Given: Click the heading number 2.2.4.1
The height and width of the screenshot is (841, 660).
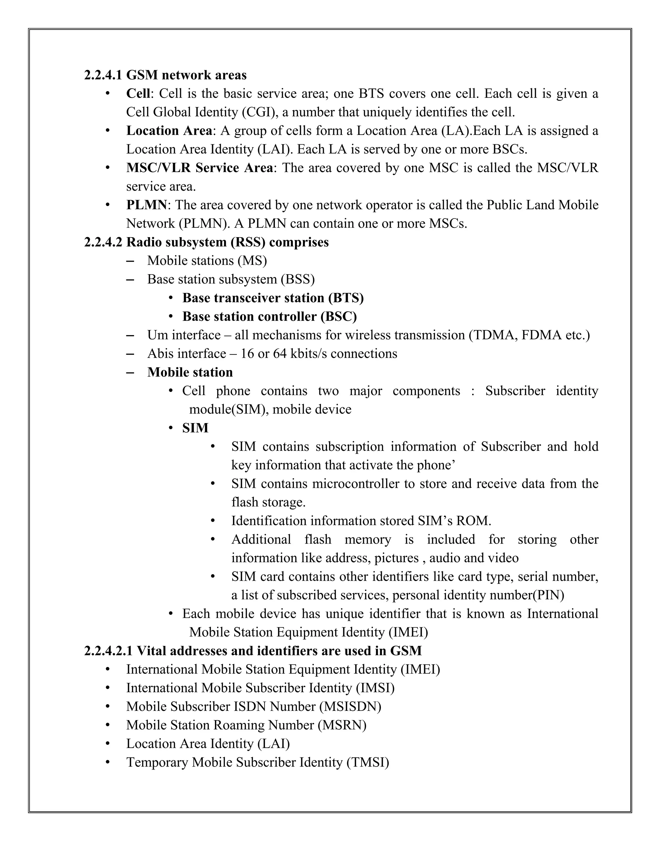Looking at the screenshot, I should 103,75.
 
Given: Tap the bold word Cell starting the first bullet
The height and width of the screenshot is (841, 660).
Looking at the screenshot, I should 138,93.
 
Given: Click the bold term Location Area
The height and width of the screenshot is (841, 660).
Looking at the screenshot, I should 169,130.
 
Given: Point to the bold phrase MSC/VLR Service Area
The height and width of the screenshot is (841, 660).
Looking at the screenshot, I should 199,168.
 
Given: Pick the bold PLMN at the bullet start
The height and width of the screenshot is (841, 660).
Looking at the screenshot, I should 146,205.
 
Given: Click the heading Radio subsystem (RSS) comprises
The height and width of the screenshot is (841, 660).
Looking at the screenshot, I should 227,242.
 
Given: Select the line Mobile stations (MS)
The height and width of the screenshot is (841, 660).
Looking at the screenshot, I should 207,261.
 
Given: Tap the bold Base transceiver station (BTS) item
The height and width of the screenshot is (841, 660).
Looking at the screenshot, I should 273,298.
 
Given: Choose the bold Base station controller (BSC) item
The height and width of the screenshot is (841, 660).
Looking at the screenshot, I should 269,316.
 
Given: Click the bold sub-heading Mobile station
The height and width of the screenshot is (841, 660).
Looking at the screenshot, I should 190,372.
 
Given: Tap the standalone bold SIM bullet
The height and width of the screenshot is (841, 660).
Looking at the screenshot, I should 195,428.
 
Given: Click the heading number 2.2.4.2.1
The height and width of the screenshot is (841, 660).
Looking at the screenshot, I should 108,651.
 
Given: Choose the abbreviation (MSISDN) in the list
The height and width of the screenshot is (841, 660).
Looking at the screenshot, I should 350,707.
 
